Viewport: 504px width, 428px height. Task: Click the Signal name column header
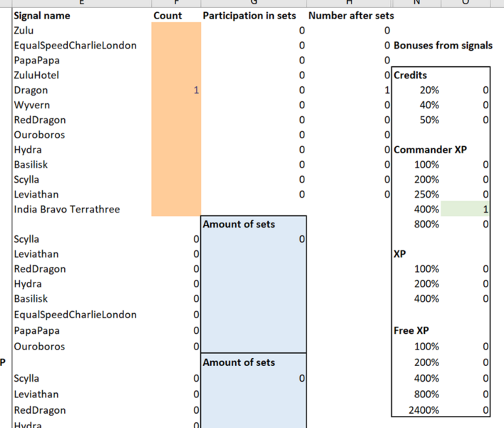[x=42, y=15]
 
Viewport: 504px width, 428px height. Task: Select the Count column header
[x=168, y=15]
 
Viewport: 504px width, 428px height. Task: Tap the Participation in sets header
[x=250, y=15]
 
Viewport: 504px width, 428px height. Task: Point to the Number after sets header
[x=351, y=15]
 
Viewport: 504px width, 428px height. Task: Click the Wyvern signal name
[x=32, y=105]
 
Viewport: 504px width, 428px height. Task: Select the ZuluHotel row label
[x=36, y=75]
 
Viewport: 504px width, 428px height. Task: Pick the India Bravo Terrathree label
[x=67, y=209]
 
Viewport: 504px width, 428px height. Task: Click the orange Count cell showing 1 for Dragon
[x=176, y=90]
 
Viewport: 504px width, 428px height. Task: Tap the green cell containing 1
[x=466, y=209]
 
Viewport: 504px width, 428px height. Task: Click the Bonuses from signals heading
[x=443, y=45]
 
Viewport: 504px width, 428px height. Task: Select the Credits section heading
[x=411, y=75]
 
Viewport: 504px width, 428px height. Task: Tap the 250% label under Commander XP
[x=426, y=194]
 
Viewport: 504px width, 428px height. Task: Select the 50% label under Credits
[x=429, y=120]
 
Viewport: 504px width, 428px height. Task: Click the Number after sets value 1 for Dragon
[x=386, y=90]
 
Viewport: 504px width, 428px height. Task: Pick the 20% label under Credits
[x=429, y=90]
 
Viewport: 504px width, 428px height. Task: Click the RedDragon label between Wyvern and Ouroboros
[x=40, y=120]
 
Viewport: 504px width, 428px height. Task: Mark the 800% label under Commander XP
[x=426, y=224]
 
